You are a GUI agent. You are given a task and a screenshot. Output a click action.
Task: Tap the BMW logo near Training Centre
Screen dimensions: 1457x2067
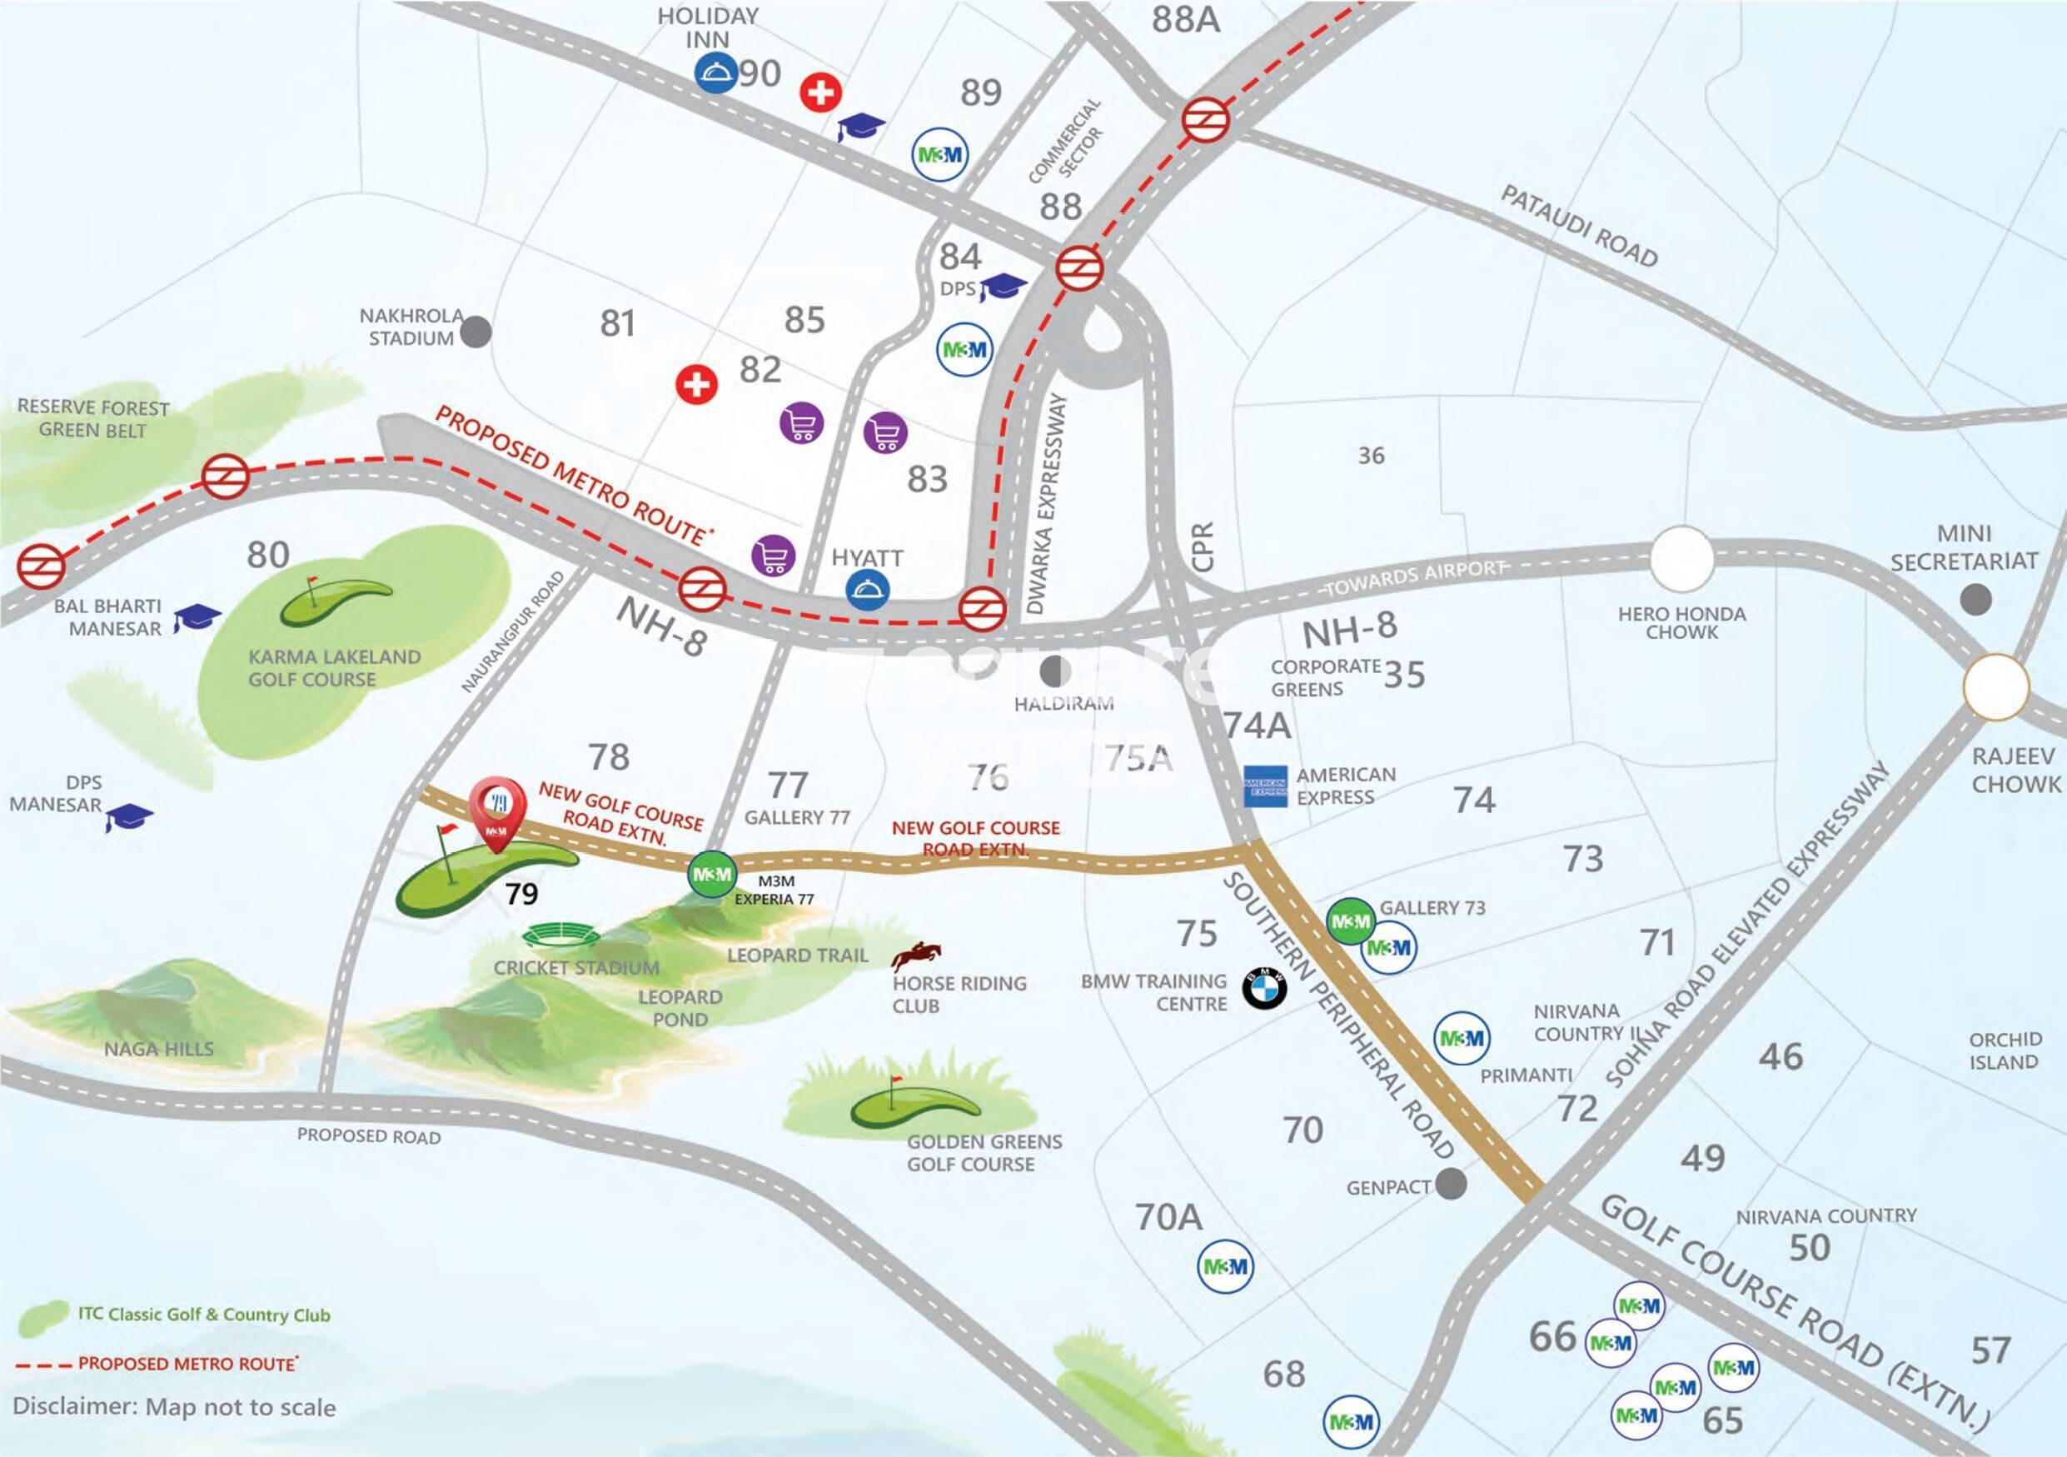click(x=1265, y=989)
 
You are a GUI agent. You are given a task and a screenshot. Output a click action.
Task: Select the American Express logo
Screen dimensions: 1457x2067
click(x=1265, y=787)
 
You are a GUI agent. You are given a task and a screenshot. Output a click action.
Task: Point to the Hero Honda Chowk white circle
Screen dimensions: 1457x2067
click(x=1681, y=558)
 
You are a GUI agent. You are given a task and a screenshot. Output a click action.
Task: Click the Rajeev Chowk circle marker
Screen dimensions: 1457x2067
click(x=1997, y=687)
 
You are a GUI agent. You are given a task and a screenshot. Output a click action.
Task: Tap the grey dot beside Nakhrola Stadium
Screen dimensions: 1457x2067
click(x=476, y=332)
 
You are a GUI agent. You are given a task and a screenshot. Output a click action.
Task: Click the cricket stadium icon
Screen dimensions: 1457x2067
click(x=563, y=936)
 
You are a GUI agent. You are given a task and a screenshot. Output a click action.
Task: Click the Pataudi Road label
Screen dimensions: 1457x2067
click(x=1579, y=226)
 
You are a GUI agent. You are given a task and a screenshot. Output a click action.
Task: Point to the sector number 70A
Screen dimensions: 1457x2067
click(x=1168, y=1217)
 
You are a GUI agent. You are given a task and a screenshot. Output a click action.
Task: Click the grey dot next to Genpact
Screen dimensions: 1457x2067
click(x=1451, y=1183)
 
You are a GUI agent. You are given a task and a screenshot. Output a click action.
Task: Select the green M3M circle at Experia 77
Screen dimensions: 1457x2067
click(x=711, y=875)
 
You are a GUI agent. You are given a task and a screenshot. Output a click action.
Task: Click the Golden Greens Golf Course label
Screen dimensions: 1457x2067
click(x=984, y=1153)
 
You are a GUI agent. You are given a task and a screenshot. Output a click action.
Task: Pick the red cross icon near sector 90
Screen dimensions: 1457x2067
click(x=820, y=92)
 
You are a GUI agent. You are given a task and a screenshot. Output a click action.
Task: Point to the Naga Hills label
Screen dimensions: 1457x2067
click(x=158, y=1049)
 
